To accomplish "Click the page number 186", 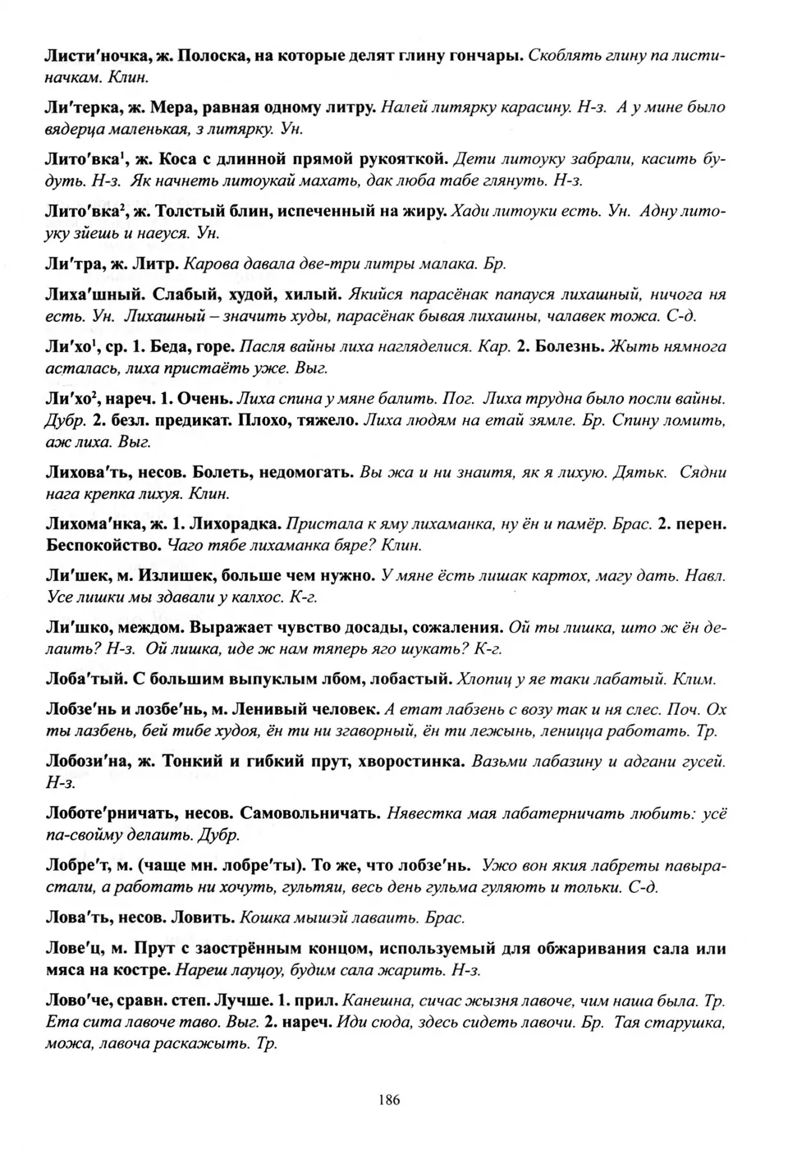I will (x=390, y=1100).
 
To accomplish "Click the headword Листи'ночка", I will (x=88, y=57).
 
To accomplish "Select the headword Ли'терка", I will (x=77, y=107).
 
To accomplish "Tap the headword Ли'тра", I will (x=72, y=264).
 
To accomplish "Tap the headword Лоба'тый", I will (x=83, y=679).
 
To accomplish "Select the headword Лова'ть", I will (x=75, y=917).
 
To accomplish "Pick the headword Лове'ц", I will (x=72, y=949).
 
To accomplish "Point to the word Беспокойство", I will (x=103, y=544).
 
